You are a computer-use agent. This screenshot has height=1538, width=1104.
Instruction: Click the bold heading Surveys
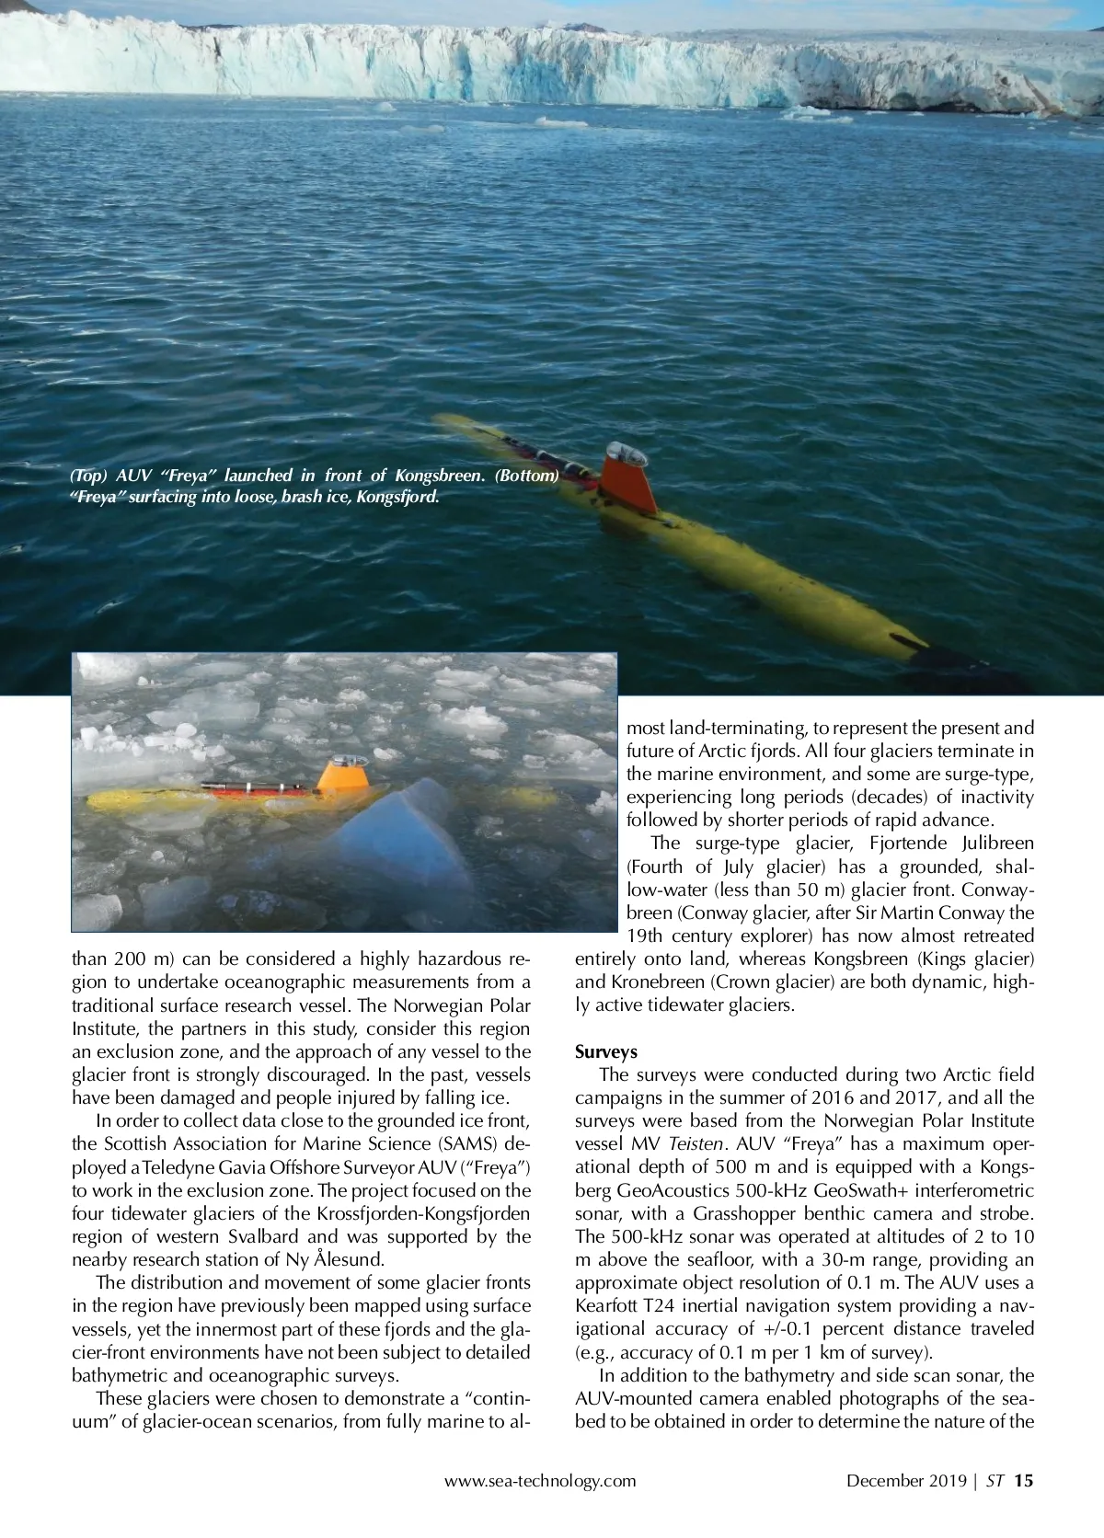606,1051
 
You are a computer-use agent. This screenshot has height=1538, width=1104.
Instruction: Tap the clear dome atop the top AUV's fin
626,453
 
